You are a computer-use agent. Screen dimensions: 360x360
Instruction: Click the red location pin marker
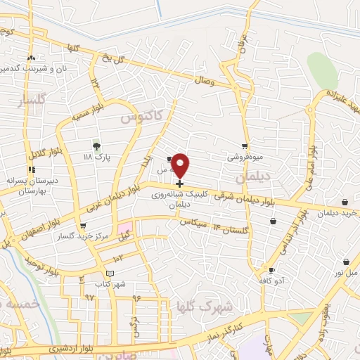(x=181, y=165)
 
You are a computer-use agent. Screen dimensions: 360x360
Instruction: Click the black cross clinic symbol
(x=180, y=184)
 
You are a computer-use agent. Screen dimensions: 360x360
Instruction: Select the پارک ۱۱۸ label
(x=94, y=157)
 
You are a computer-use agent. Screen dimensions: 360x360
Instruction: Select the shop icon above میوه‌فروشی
(x=244, y=146)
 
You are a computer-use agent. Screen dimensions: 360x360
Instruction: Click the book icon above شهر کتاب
(x=108, y=273)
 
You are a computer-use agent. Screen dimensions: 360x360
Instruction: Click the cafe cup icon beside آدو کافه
(x=271, y=270)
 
